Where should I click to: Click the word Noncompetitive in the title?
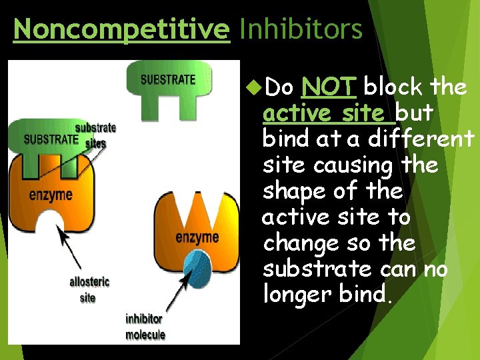[121, 29]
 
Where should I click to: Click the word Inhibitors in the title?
[301, 29]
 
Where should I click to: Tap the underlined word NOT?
[330, 87]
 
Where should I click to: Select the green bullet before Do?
[253, 87]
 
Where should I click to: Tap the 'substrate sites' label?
[95, 135]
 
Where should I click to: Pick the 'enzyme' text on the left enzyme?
[51, 195]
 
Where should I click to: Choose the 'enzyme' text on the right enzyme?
[197, 237]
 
